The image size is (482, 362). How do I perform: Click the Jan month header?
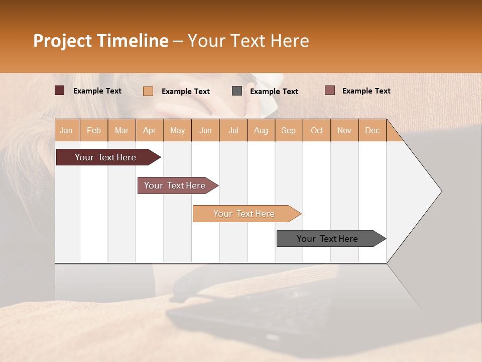tap(66, 130)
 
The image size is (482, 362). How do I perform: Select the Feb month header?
tap(94, 130)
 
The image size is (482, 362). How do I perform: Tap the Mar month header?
tap(122, 130)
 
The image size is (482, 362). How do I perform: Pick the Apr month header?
tap(149, 130)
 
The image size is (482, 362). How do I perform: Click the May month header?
tap(177, 130)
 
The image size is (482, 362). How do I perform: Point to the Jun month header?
tap(205, 130)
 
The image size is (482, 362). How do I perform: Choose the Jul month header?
tap(233, 130)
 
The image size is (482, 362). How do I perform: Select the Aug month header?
tap(261, 130)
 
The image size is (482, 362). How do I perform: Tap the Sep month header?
tap(288, 130)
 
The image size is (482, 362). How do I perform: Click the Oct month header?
tap(317, 130)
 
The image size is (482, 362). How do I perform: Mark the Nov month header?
tap(344, 130)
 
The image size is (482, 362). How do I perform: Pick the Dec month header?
tap(372, 130)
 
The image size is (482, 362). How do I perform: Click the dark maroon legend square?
tap(59, 90)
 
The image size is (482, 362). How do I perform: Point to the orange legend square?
tap(148, 91)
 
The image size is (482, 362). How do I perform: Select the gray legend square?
tap(237, 90)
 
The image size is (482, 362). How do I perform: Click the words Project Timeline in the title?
tap(101, 41)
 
